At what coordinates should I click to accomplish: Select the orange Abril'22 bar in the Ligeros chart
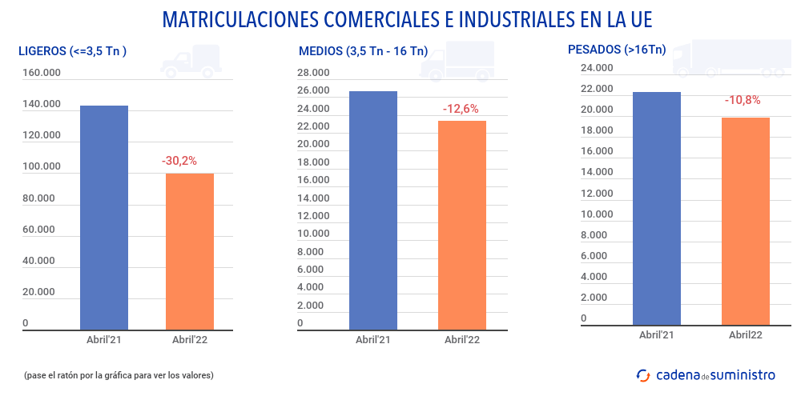tap(190, 251)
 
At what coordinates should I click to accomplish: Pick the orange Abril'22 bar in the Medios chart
tap(462, 225)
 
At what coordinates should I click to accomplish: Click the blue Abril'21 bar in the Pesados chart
tap(657, 208)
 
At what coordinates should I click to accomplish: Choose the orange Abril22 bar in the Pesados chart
tap(746, 221)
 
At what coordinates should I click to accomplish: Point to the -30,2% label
tap(179, 161)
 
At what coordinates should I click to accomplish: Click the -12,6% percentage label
tap(461, 108)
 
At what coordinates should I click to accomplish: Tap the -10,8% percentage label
tap(743, 101)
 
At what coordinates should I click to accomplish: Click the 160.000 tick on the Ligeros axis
tap(42, 73)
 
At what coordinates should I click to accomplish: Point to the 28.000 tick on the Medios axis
tap(313, 73)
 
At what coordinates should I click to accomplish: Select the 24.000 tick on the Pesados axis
tap(596, 67)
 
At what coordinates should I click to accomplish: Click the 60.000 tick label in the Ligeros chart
tap(38, 230)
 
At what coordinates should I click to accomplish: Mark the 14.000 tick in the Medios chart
tap(313, 198)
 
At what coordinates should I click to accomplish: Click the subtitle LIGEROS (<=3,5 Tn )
tap(73, 51)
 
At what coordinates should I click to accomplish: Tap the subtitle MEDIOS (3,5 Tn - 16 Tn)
tap(363, 51)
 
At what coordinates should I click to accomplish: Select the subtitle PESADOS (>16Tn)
tap(616, 50)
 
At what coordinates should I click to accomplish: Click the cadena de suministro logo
tap(706, 374)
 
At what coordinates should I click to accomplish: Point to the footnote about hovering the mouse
tap(119, 375)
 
